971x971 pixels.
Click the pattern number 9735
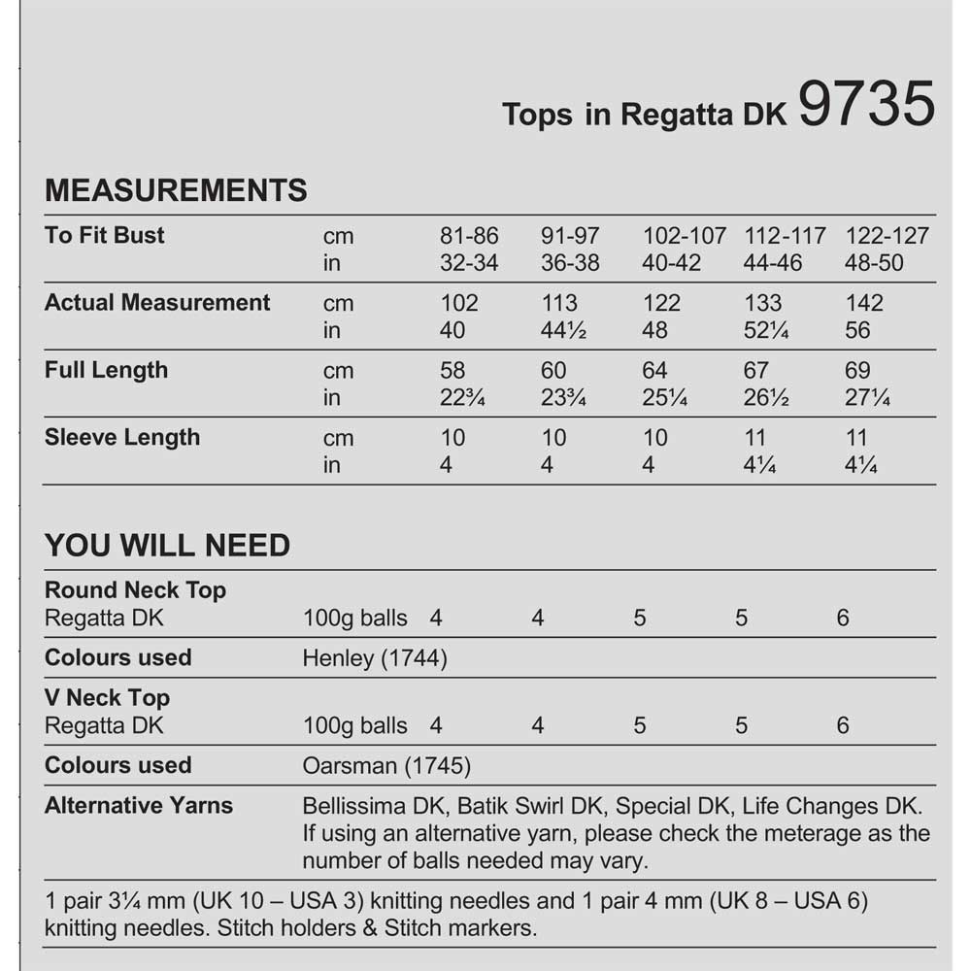tap(867, 104)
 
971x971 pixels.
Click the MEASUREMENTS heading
tap(176, 189)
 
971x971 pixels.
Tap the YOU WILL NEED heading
tap(167, 546)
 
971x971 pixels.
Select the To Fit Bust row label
tap(105, 235)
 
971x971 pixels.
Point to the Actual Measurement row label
tap(157, 302)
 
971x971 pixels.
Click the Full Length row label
tap(106, 370)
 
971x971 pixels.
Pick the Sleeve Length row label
tap(122, 437)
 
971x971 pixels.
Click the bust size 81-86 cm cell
tap(469, 236)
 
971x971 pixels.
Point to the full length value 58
tap(452, 371)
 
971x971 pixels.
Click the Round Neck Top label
tap(136, 590)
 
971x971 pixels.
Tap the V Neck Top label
tap(107, 697)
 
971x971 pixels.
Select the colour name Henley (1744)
tap(375, 658)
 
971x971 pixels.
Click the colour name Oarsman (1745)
tap(386, 766)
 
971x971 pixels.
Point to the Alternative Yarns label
tap(139, 805)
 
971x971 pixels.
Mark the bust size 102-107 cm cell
tap(685, 236)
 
